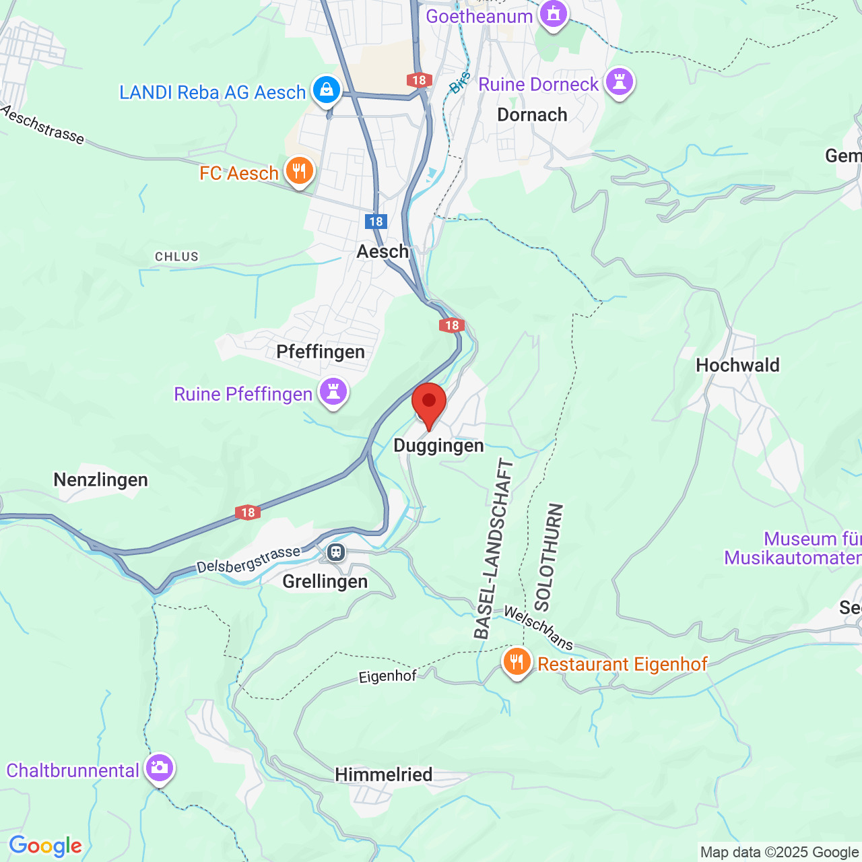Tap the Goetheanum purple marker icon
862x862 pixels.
pyautogui.click(x=554, y=13)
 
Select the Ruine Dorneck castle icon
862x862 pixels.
pyautogui.click(x=619, y=83)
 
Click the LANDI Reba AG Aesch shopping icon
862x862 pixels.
pyautogui.click(x=327, y=90)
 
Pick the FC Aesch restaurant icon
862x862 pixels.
pyautogui.click(x=299, y=171)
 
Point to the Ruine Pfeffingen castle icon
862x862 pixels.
pyautogui.click(x=333, y=391)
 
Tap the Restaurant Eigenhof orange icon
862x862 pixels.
pyautogui.click(x=517, y=662)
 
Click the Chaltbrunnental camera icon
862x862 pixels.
pyautogui.click(x=160, y=768)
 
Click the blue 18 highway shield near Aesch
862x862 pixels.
pyautogui.click(x=376, y=221)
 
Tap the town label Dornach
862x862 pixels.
pyautogui.click(x=532, y=114)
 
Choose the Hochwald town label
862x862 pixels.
pyautogui.click(x=737, y=365)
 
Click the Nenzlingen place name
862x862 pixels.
pyautogui.click(x=100, y=479)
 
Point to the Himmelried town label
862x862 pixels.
pyautogui.click(x=384, y=774)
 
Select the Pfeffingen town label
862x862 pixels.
pyautogui.click(x=321, y=352)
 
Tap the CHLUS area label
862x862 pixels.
pyautogui.click(x=176, y=257)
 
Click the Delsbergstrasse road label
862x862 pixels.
pyautogui.click(x=248, y=560)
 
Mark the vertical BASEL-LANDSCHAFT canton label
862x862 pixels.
pyautogui.click(x=494, y=549)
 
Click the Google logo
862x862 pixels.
pyautogui.click(x=45, y=846)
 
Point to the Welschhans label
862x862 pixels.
pyautogui.click(x=539, y=628)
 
